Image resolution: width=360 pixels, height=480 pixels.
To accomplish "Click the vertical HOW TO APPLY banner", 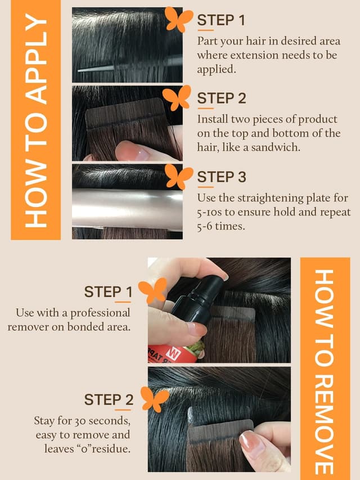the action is tap(35, 120).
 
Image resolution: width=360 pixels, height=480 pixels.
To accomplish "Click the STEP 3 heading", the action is tap(222, 177).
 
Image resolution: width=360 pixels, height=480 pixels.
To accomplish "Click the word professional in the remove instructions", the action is tap(100, 313).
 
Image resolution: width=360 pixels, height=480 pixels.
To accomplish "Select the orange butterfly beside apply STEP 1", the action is tap(178, 19).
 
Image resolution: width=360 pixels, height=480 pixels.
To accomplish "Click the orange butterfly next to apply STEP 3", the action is tap(178, 176).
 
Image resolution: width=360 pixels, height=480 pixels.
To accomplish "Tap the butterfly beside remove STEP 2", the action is tap(155, 399).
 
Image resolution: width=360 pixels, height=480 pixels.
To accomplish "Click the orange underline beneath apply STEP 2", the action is tap(206, 109).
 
